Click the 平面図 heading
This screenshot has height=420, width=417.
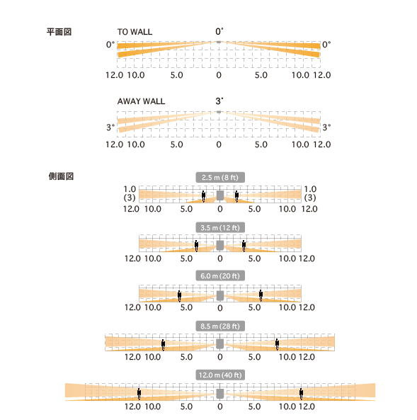coord(59,32)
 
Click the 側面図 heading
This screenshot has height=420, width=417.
coord(61,176)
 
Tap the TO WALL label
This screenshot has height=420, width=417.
coord(135,32)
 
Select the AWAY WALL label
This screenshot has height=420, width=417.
coord(141,101)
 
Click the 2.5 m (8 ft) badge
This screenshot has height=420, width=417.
coord(220,177)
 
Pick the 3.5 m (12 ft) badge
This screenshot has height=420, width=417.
coord(220,227)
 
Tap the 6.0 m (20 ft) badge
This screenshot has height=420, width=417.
coord(220,276)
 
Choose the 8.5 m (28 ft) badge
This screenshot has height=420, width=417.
coord(220,326)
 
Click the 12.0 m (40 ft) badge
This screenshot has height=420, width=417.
coord(220,375)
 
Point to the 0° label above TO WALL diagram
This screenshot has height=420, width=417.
coord(219,31)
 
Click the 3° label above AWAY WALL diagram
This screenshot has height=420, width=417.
coord(219,101)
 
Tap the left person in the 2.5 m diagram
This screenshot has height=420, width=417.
coord(204,196)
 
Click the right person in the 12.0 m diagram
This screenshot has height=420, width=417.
coord(302,394)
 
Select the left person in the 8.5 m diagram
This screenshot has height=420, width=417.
coord(163,345)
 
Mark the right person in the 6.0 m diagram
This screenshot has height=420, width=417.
coord(261,295)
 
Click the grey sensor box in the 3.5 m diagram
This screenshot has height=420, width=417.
coord(220,245)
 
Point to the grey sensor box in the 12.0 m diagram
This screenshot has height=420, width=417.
coord(220,394)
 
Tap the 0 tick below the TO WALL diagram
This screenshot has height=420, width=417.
coord(219,75)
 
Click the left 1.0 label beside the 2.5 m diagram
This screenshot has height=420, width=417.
coord(130,189)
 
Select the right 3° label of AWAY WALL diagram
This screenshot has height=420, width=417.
coord(326,127)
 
